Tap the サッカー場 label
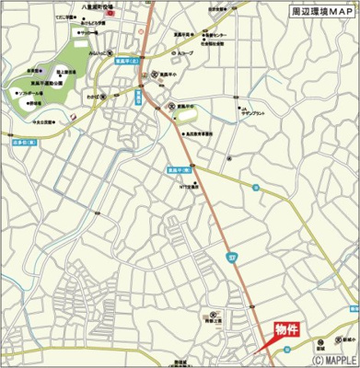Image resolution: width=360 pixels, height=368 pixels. tap(87, 32)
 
